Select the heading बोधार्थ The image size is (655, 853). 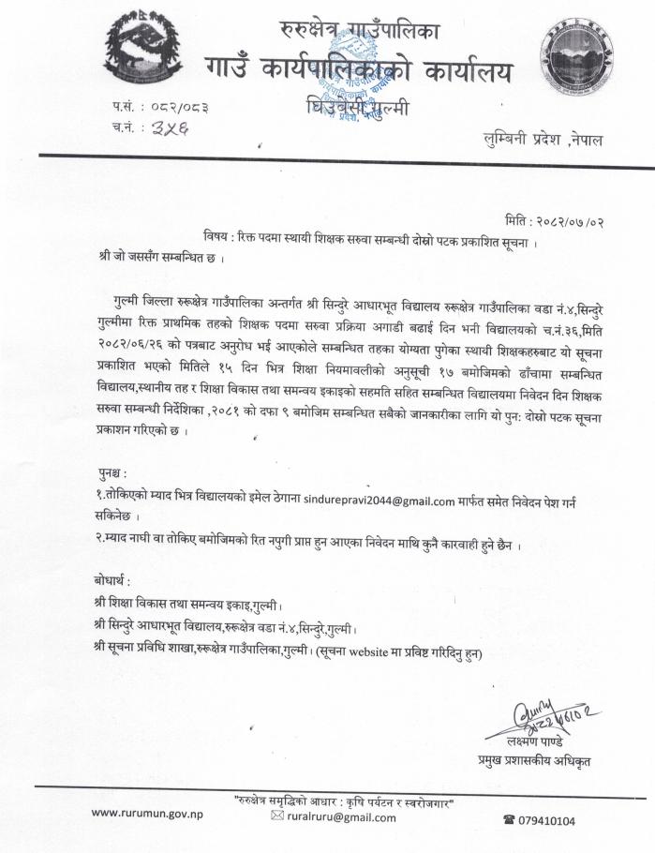[115, 579]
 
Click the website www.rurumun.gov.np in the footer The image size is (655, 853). [148, 812]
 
